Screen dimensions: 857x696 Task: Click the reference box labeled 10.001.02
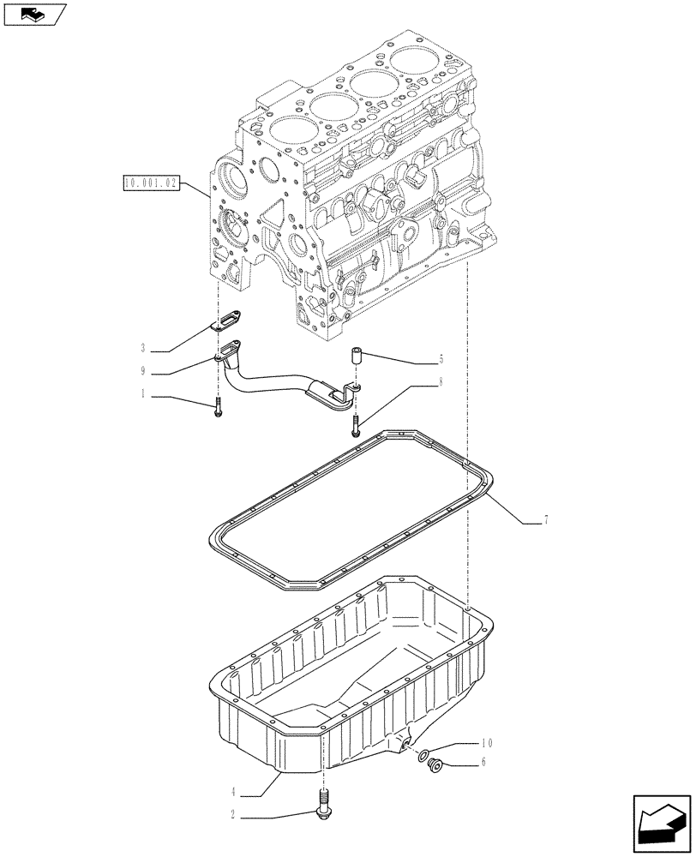tap(150, 183)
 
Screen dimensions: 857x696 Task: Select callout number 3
tap(143, 349)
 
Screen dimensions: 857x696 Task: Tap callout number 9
tap(143, 373)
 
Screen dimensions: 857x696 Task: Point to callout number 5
tap(441, 360)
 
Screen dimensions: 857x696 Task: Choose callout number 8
tap(441, 382)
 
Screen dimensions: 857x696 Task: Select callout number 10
tap(488, 744)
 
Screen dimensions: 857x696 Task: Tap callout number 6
tap(484, 763)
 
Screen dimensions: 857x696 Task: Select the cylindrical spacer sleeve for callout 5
tap(356, 357)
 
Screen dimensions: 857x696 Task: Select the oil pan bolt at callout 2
tap(323, 811)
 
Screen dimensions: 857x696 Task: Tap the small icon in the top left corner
tap(34, 14)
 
